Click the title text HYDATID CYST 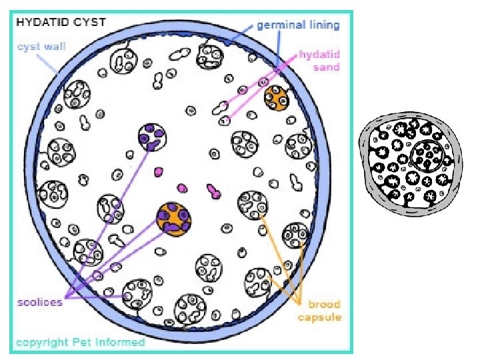point(61,21)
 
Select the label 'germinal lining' point(298,25)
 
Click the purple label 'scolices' point(40,301)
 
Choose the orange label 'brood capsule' point(319,311)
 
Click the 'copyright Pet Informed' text point(80,342)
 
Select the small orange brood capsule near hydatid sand point(276,98)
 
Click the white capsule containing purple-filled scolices point(153,137)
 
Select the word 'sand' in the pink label point(326,67)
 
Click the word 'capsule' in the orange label point(319,317)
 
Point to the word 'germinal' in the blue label point(280,25)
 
